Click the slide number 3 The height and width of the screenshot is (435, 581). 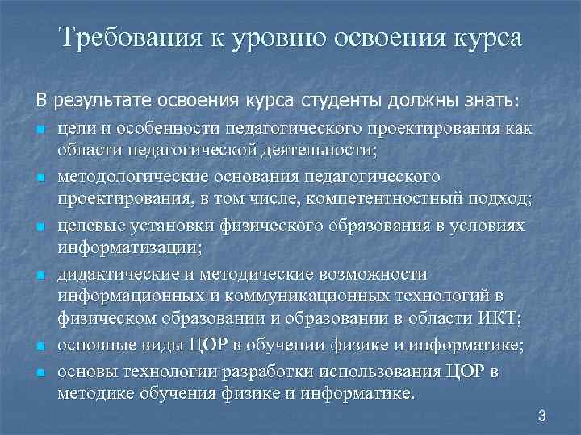541,416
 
